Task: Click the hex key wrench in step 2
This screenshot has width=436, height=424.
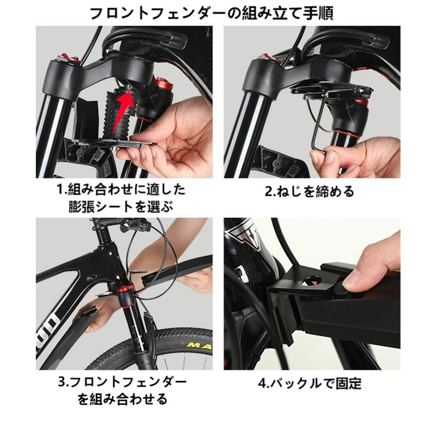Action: coord(319,125)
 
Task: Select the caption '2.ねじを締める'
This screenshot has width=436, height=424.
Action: coord(310,192)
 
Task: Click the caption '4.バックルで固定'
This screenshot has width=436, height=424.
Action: coord(310,384)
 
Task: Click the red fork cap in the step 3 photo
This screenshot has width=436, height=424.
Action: coord(124,290)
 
